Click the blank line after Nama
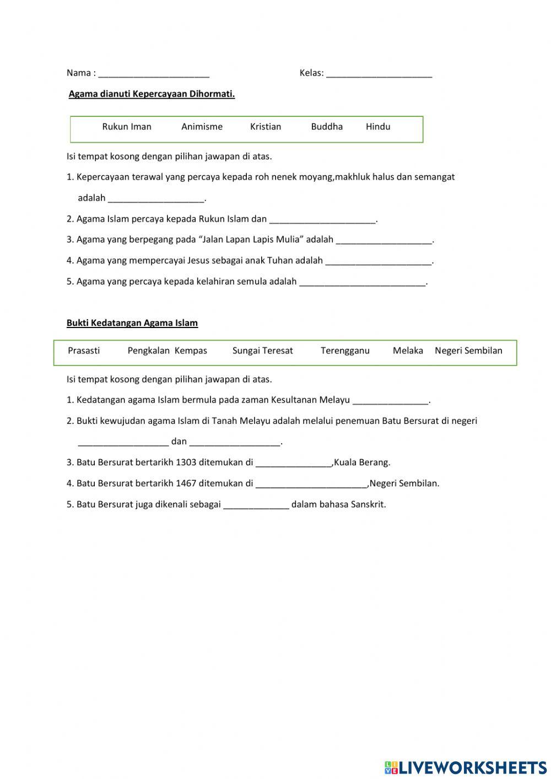tap(154, 74)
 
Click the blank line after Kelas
tap(379, 74)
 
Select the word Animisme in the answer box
tap(202, 127)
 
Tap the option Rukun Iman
tap(127, 127)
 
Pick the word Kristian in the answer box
tap(266, 127)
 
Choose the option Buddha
tap(327, 127)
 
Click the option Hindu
tap(378, 127)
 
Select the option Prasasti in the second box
tap(84, 351)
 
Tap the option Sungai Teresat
tap(263, 351)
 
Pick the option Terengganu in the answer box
tap(345, 351)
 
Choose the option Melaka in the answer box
tap(408, 351)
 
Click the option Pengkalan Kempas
tap(168, 351)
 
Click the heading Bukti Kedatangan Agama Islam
tap(132, 323)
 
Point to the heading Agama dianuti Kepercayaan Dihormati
tap(152, 94)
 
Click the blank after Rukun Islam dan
tap(322, 220)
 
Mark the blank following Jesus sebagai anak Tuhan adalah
tap(379, 262)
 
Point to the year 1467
tap(186, 483)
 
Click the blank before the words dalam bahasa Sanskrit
tap(256, 505)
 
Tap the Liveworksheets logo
tap(466, 767)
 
